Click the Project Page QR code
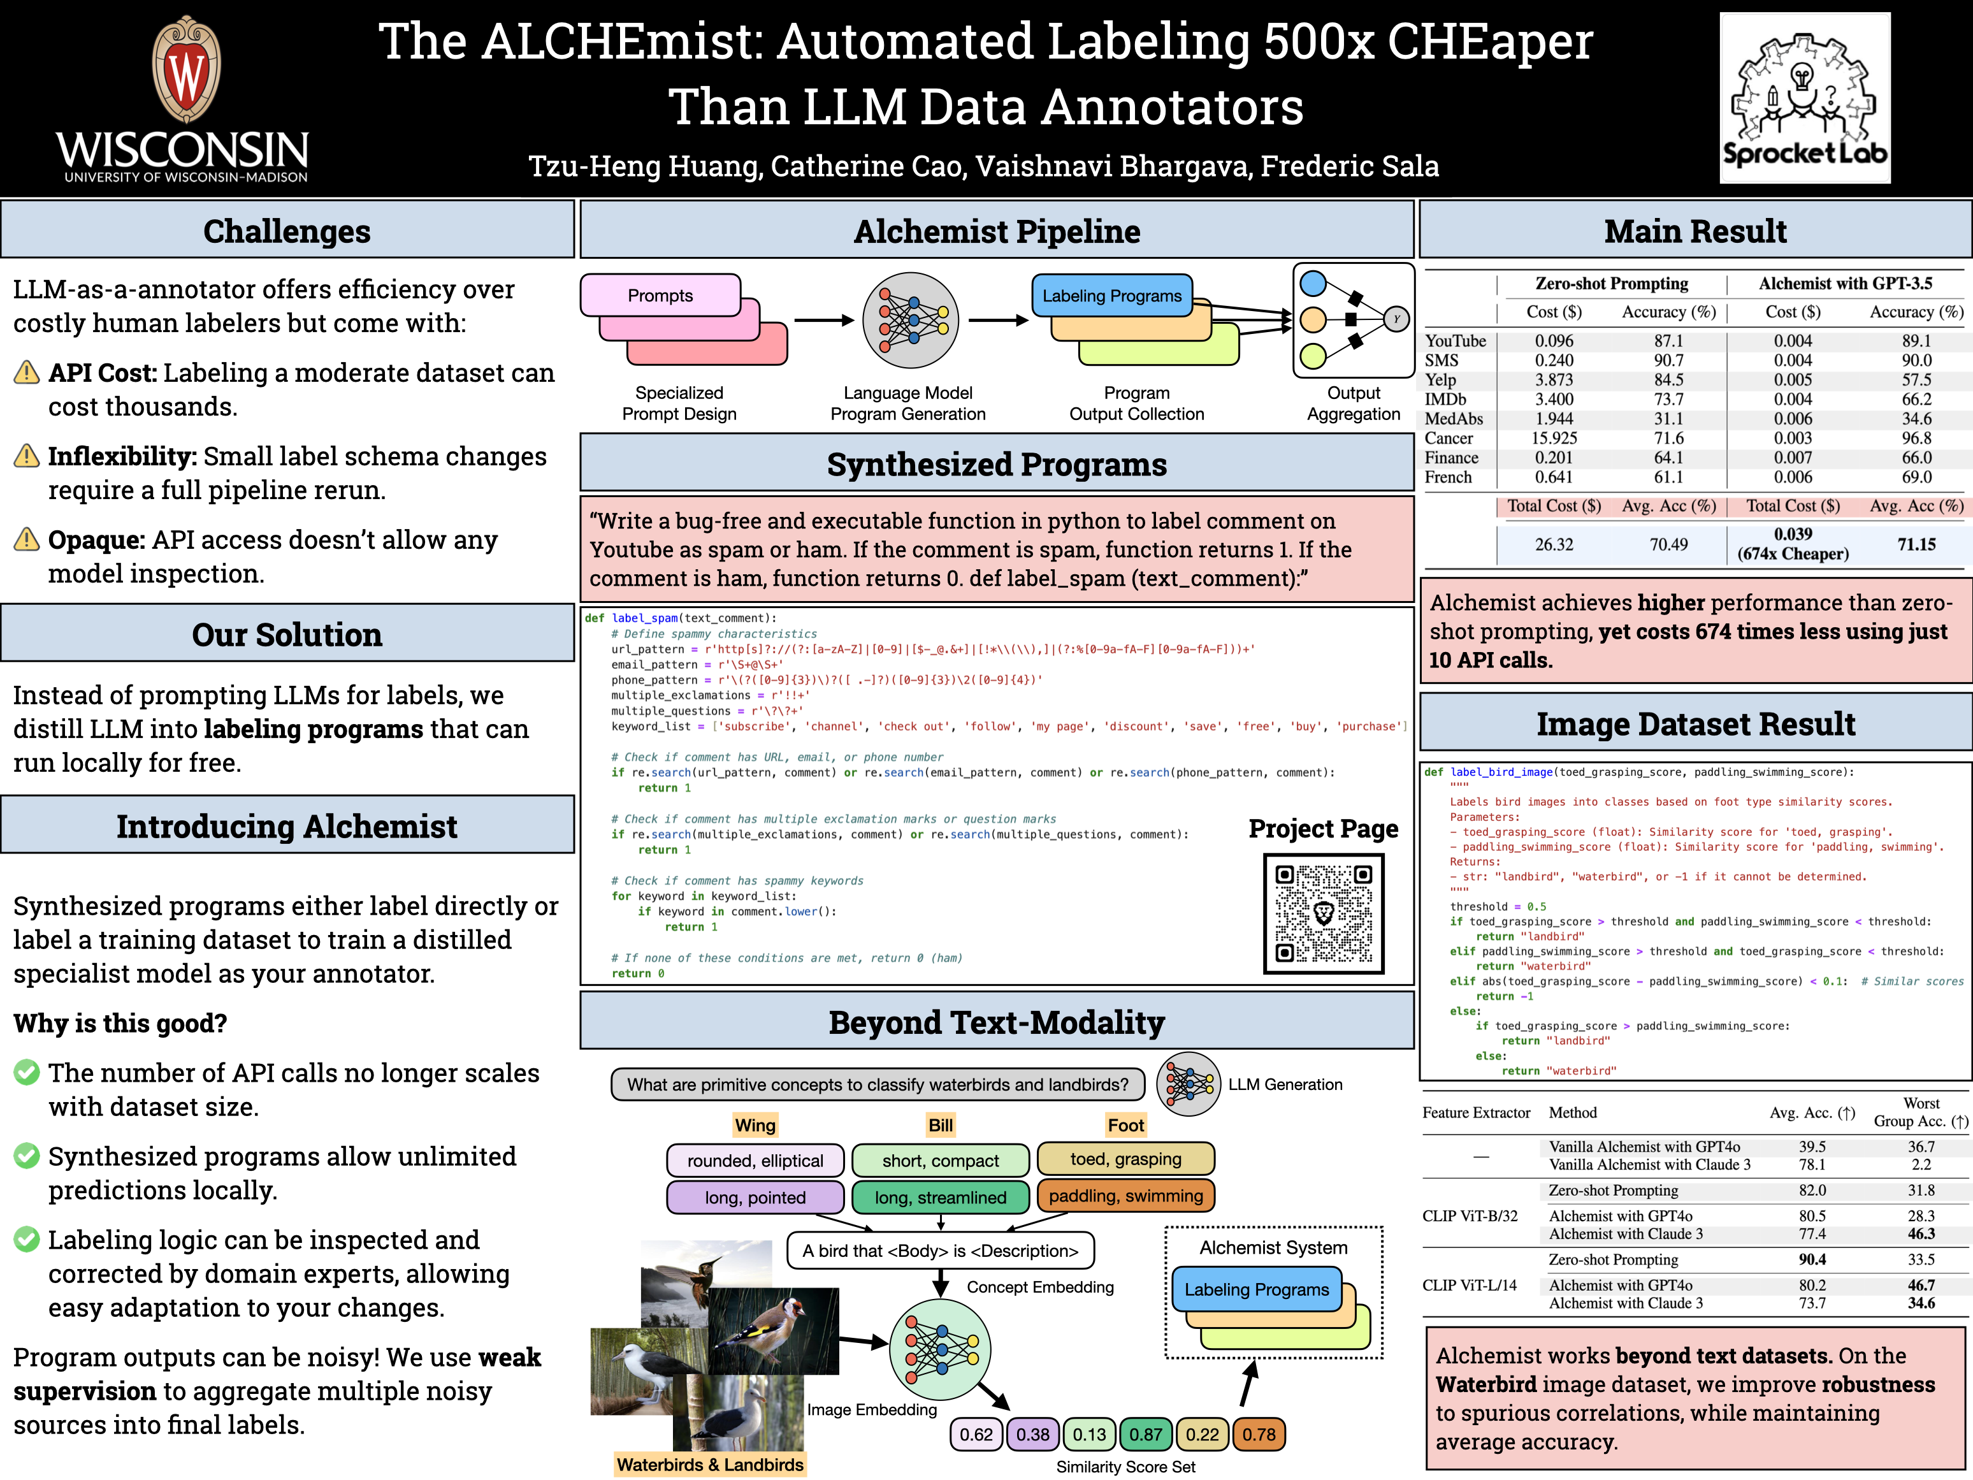(1324, 913)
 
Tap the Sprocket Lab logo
(1804, 98)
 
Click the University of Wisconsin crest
(187, 69)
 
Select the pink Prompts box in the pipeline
(660, 295)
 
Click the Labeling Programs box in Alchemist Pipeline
(1111, 295)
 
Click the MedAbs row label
(1453, 418)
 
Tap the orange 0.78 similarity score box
(1259, 1435)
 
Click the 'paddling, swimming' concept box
(1125, 1196)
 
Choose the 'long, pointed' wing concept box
(755, 1197)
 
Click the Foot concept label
(1125, 1125)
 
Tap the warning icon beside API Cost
(27, 372)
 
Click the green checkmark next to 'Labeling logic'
(27, 1239)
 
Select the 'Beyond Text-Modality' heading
(996, 1022)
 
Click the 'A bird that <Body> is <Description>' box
(940, 1251)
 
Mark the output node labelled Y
(1396, 319)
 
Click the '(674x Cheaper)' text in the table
(1793, 554)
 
